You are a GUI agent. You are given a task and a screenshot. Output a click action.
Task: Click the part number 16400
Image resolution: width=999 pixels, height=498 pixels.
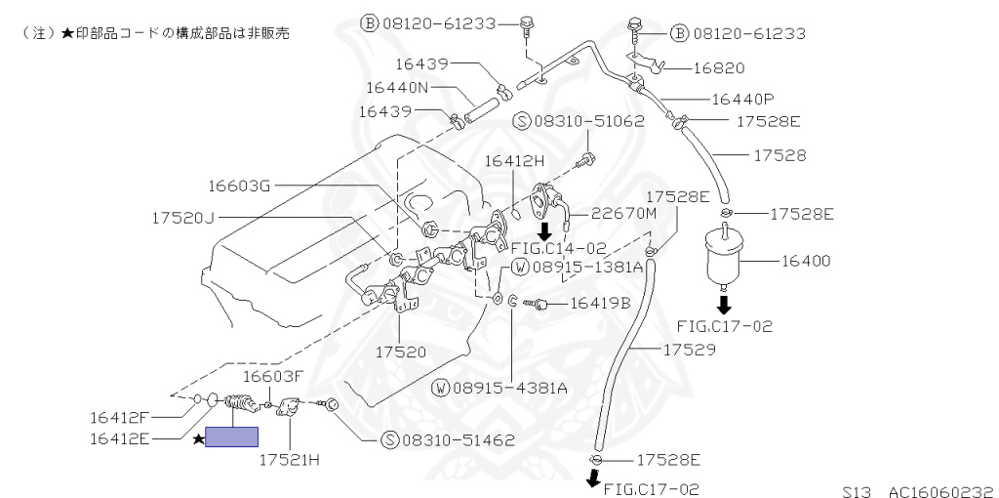pyautogui.click(x=805, y=261)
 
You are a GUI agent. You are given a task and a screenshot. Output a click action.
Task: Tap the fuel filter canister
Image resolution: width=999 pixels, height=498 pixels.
pyautogui.click(x=725, y=255)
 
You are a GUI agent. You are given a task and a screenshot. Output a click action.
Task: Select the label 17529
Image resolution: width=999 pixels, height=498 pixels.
pyautogui.click(x=690, y=349)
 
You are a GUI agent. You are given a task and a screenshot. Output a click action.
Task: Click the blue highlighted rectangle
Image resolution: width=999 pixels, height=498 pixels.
pyautogui.click(x=231, y=437)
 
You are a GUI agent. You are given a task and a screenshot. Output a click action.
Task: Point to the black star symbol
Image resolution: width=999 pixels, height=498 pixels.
pyautogui.click(x=198, y=438)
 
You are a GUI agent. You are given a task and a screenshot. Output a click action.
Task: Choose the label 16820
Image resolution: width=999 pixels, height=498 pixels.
pyautogui.click(x=719, y=68)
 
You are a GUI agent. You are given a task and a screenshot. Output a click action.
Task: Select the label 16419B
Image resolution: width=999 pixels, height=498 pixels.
pyautogui.click(x=600, y=303)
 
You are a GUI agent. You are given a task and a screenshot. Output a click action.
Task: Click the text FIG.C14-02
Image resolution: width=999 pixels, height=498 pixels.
pyautogui.click(x=557, y=248)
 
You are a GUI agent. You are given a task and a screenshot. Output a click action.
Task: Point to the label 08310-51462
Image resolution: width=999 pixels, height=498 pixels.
pyautogui.click(x=457, y=439)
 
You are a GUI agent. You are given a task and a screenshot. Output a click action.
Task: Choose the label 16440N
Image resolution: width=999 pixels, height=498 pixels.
pyautogui.click(x=396, y=87)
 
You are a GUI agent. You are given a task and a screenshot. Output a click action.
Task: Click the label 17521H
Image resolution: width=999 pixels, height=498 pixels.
pyautogui.click(x=289, y=458)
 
